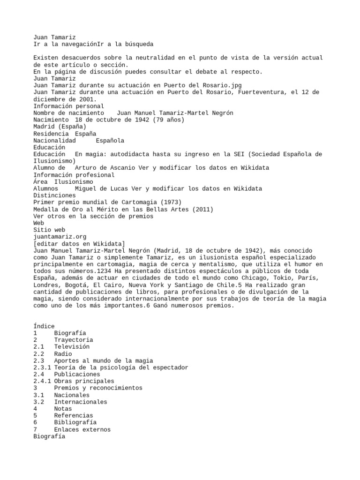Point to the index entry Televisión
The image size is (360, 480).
click(72, 346)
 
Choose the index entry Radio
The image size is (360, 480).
click(63, 353)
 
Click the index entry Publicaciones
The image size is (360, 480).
click(77, 374)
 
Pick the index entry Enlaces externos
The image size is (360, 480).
click(82, 429)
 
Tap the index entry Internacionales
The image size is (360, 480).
click(80, 402)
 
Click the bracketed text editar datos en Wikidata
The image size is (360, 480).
click(79, 244)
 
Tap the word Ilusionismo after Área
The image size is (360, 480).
click(74, 181)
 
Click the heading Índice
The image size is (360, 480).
click(44, 326)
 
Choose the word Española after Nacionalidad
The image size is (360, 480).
click(110, 140)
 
